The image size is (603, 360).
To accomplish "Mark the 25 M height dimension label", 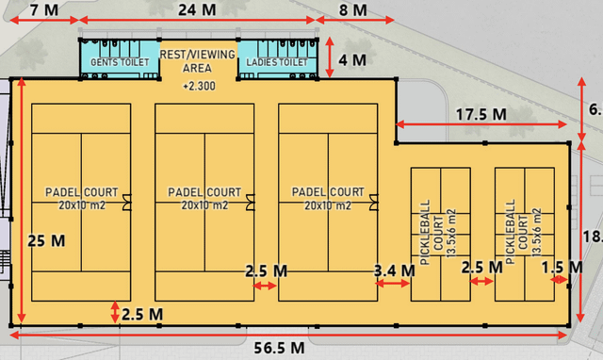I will point(46,239).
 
